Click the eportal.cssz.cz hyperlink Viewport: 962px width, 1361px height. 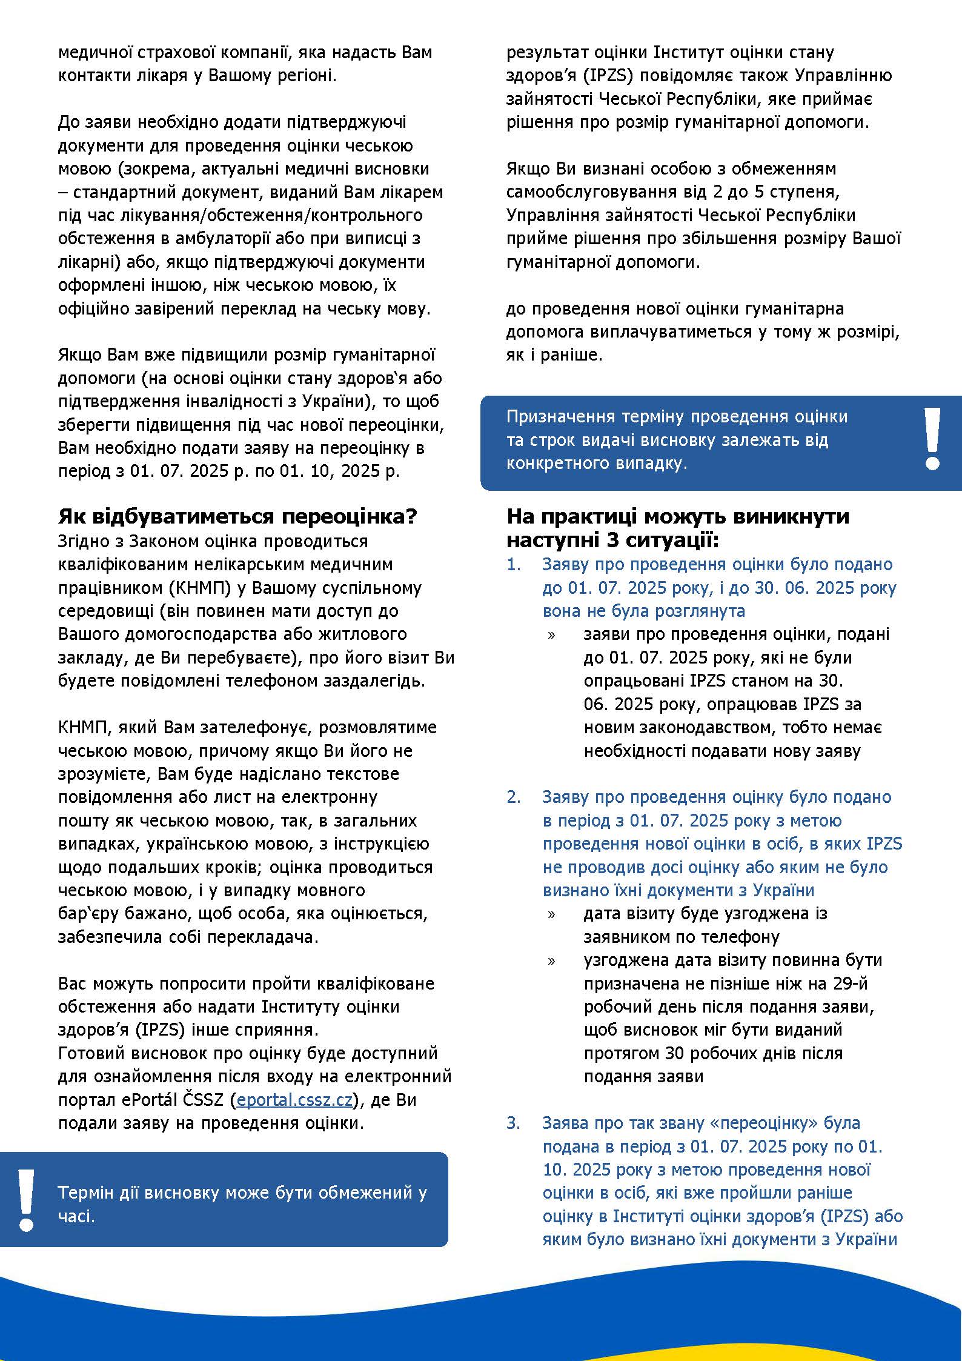294,1100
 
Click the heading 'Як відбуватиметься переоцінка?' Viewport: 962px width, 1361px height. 237,516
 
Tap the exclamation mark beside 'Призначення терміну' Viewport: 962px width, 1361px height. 932,439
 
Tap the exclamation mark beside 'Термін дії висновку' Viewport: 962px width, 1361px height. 26,1200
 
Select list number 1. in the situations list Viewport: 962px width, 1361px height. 514,564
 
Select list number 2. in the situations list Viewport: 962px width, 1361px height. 514,797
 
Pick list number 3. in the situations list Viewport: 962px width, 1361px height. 514,1123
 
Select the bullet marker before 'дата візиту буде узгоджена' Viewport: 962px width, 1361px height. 551,914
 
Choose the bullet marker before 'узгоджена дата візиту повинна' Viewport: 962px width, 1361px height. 551,961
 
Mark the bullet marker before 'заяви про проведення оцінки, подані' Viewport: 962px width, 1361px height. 551,635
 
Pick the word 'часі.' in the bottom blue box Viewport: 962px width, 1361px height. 76,1216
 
